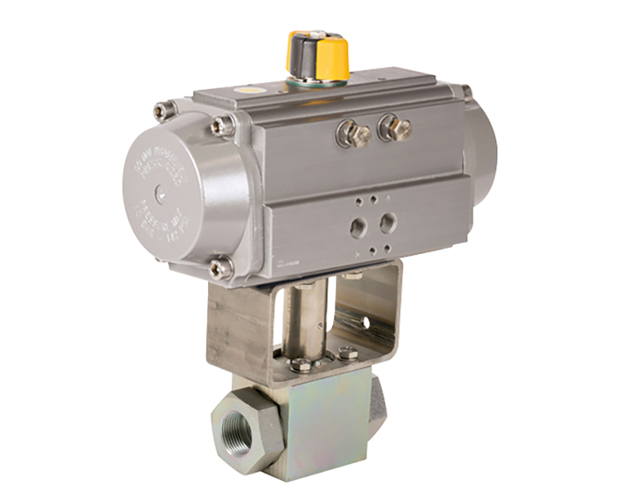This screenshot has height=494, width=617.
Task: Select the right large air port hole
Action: [386, 223]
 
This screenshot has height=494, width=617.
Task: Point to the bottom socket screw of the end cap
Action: [219, 266]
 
